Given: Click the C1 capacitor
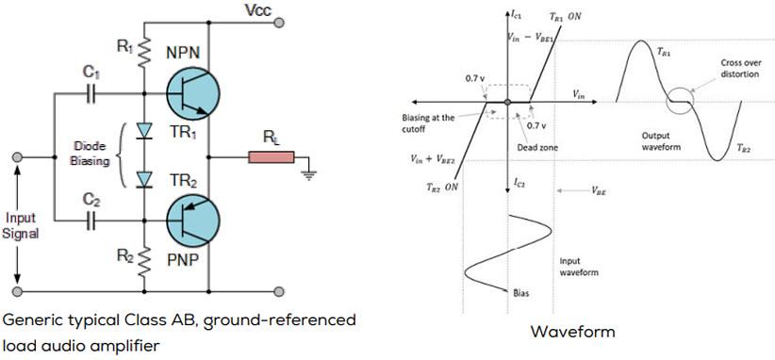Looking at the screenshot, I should click(x=91, y=93).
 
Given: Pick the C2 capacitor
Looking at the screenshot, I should click(x=91, y=221).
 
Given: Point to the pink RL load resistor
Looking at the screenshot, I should click(x=272, y=156).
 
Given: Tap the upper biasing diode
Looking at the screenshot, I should click(x=144, y=131).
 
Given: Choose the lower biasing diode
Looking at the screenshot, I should click(x=144, y=179).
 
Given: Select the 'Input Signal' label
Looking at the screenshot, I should click(x=20, y=225).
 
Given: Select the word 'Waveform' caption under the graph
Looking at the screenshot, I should click(x=572, y=331).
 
